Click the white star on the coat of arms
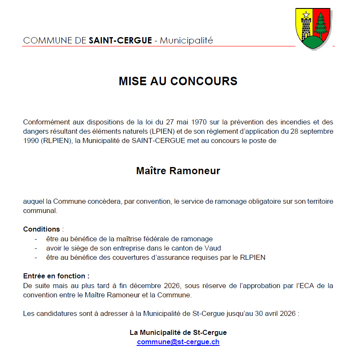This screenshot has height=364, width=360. (x=306, y=15)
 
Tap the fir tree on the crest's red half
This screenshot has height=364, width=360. (x=322, y=25)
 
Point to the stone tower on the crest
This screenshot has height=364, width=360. (x=306, y=29)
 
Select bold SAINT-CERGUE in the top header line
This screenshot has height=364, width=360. (x=121, y=41)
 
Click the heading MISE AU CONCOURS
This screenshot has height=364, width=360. (x=178, y=81)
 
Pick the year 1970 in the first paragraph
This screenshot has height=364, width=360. (x=200, y=122)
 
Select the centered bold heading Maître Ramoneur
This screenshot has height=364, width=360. (x=178, y=171)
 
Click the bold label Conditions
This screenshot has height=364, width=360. (x=42, y=229)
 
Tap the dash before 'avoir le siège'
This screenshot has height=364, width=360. (x=36, y=248)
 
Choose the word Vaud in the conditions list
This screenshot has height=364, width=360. (x=213, y=248)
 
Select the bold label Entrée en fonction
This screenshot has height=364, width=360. (x=55, y=276)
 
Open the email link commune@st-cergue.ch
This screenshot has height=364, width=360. (x=178, y=342)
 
